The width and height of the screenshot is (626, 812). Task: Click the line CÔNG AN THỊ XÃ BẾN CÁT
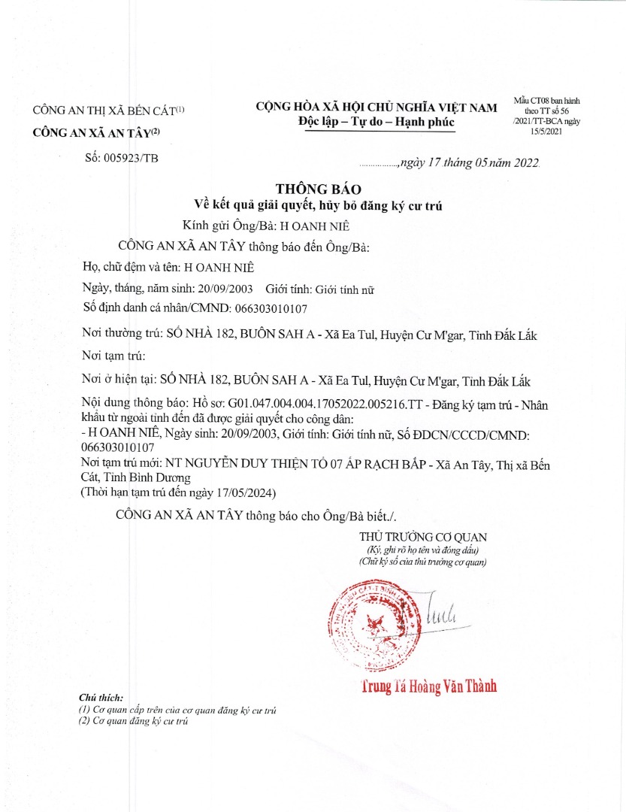108,111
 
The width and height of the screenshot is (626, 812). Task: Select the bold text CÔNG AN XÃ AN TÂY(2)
96,133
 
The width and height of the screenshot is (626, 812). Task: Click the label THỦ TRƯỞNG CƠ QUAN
423,537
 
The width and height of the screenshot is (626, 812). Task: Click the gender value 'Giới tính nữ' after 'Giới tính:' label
344,289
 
